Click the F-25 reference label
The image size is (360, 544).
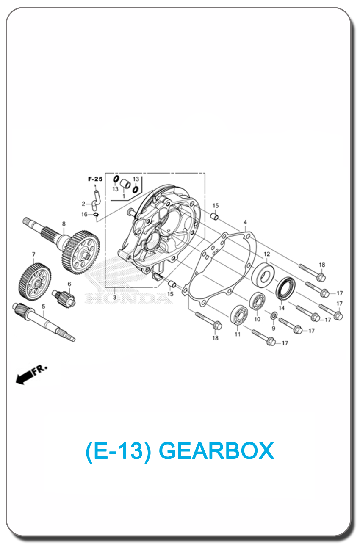[x=95, y=179]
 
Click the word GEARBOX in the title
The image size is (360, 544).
[x=216, y=451]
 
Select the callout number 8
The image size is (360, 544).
[x=64, y=224]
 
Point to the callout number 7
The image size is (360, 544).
[x=34, y=254]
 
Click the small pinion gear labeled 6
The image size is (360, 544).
[x=64, y=298]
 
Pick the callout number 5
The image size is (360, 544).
[x=44, y=306]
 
